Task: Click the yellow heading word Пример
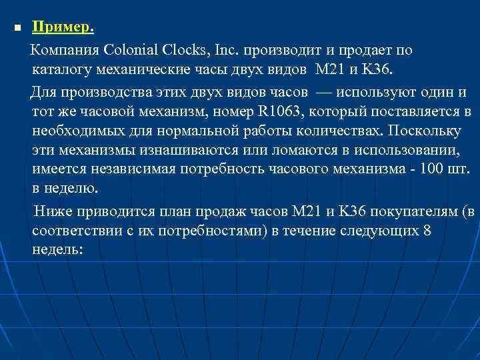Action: click(62, 28)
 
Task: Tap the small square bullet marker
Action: click(18, 29)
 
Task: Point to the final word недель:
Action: click(57, 250)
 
